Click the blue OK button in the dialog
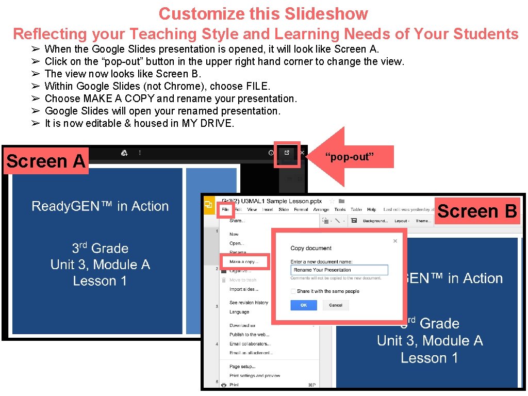coord(303,305)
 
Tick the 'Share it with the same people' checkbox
coord(293,291)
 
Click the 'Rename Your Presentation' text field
coord(339,270)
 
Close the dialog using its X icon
coord(395,241)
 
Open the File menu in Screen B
coord(225,210)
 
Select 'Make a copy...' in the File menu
coord(243,262)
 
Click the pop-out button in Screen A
coord(287,153)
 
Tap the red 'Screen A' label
coord(46,161)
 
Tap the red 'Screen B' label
coord(477,211)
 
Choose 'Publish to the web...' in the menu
coord(249,335)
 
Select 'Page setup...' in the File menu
coord(242,367)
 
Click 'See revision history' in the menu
coord(249,303)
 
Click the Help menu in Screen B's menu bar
coord(371,210)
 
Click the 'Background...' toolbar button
coord(375,221)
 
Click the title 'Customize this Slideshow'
coord(263,13)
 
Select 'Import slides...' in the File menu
coord(243,289)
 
